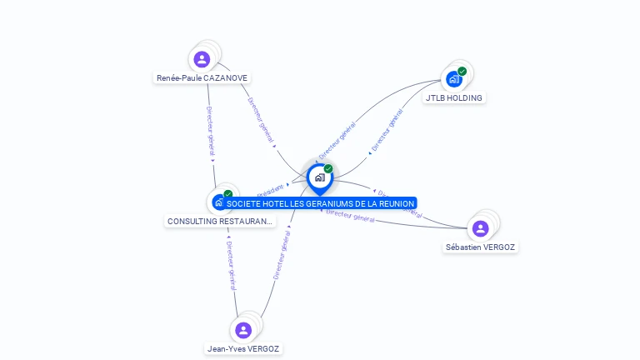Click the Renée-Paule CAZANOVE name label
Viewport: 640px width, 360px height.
click(x=202, y=78)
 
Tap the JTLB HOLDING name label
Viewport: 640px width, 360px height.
click(x=453, y=97)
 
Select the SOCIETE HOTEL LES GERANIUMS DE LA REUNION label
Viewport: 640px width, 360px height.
click(x=320, y=203)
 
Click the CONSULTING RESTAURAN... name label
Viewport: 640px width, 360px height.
click(x=219, y=222)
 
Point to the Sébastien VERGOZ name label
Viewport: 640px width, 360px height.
click(x=482, y=247)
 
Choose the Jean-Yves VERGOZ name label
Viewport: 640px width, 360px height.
click(x=243, y=349)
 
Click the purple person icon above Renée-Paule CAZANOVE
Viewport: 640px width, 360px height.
click(x=202, y=59)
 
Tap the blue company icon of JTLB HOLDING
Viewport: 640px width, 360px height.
click(x=453, y=79)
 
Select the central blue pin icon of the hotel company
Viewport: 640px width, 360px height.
click(x=319, y=177)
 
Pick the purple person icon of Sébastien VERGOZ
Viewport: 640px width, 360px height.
click(x=480, y=228)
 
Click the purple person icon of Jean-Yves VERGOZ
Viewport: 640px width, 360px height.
click(x=243, y=330)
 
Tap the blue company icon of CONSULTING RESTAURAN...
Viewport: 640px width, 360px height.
click(x=218, y=202)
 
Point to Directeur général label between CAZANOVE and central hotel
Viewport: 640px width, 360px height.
click(x=260, y=120)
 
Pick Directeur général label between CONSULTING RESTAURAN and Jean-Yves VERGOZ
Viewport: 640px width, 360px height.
click(x=231, y=266)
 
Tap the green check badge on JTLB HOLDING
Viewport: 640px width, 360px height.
click(x=462, y=72)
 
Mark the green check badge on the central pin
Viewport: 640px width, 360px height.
click(x=328, y=168)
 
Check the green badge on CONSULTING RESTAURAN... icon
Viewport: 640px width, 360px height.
click(x=228, y=194)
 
